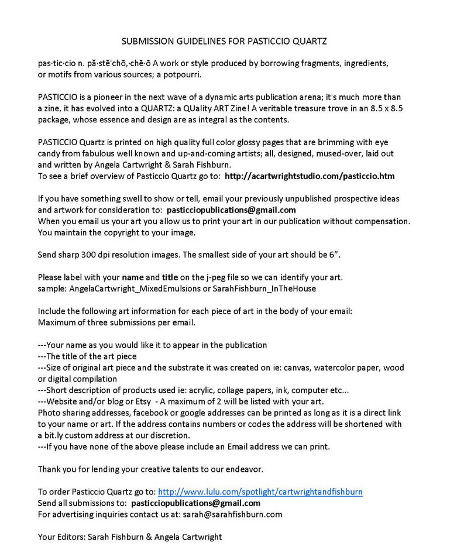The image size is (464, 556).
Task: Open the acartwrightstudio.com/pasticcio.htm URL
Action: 310,176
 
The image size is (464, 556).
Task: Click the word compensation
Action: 381,221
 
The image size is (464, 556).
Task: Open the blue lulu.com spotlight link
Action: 260,492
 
